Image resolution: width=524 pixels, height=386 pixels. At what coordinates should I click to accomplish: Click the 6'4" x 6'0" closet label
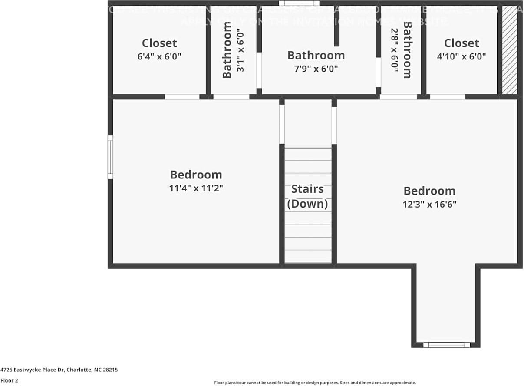click(x=159, y=56)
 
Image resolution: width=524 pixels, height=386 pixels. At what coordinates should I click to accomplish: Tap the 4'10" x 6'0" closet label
click(x=461, y=56)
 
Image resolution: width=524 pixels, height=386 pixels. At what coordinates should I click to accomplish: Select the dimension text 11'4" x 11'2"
click(x=196, y=188)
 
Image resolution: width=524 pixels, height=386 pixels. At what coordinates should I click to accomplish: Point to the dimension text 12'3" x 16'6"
click(x=429, y=204)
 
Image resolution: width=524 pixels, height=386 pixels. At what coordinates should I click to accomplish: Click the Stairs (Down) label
click(x=307, y=196)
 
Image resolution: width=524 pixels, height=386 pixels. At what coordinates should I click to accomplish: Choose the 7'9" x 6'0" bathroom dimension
click(x=316, y=69)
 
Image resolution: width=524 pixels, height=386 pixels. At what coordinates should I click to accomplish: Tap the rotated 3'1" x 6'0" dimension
click(x=241, y=50)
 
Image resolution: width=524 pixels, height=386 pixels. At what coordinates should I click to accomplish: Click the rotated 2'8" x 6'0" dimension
click(x=395, y=50)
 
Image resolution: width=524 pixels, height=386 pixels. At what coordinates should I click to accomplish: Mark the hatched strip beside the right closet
click(x=510, y=50)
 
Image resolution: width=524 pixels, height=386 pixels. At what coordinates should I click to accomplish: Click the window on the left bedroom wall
click(x=110, y=157)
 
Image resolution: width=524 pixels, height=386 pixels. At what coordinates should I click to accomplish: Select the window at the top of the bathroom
click(x=299, y=3)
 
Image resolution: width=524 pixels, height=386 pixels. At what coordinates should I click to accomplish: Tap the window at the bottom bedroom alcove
click(x=446, y=345)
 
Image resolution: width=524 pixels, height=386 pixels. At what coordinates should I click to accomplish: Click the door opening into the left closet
click(x=182, y=97)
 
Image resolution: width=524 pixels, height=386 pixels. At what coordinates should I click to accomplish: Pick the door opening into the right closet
click(x=447, y=97)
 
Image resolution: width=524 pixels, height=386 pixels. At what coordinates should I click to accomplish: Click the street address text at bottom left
click(x=59, y=370)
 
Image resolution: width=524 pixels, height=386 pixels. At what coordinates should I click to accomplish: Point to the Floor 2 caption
click(x=9, y=380)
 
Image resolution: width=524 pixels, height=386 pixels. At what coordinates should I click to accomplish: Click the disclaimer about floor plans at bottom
click(x=315, y=383)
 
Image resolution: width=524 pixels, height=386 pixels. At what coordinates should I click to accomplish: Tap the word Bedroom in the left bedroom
click(x=196, y=175)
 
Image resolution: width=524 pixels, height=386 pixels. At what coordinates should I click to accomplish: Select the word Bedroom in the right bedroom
click(x=429, y=191)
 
